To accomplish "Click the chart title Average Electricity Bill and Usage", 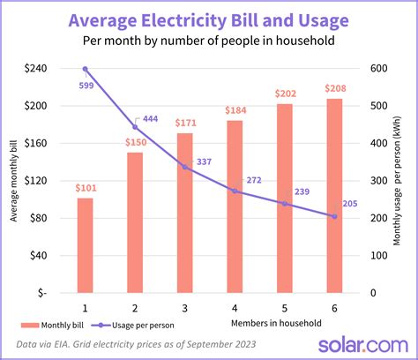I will click(x=209, y=19).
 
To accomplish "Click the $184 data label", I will click(x=235, y=109).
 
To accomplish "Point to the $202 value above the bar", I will click(x=284, y=93).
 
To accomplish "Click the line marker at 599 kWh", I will click(x=85, y=69).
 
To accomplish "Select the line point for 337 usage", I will click(x=184, y=167).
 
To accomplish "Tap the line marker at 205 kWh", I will click(x=334, y=216).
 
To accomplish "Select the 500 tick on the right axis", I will click(x=377, y=105).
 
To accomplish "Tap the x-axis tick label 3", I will click(x=184, y=307).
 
